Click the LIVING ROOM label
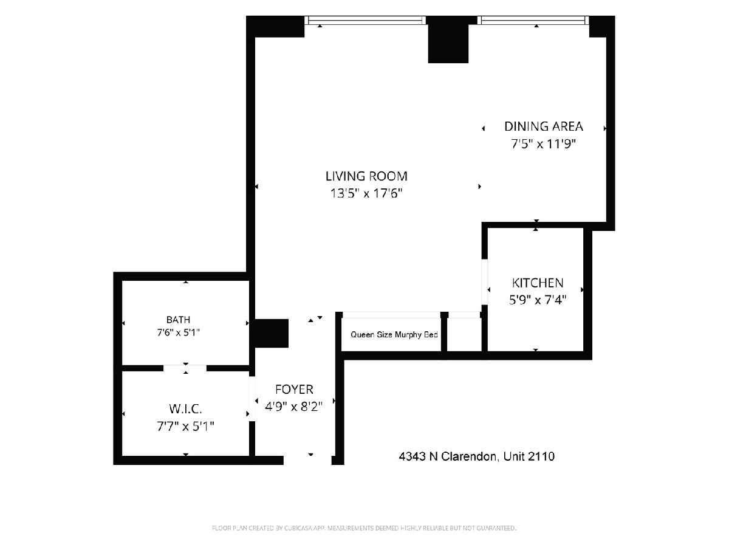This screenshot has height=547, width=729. (366, 176)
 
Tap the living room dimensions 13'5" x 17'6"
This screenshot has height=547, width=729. (366, 193)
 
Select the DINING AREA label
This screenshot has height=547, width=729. (543, 126)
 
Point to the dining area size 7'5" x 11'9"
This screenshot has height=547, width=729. (543, 144)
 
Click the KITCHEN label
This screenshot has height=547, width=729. (538, 283)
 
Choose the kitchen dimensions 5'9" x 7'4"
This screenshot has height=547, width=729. (538, 300)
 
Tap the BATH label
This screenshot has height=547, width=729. (179, 320)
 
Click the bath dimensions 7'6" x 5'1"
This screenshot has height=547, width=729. (179, 332)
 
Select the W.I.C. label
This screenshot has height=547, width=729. (185, 409)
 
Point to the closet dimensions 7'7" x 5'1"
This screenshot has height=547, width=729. (185, 426)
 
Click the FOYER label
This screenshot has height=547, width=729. (294, 389)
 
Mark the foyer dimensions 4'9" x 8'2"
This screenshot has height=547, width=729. (294, 406)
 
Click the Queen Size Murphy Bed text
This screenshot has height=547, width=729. (394, 334)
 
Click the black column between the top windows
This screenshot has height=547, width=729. (448, 39)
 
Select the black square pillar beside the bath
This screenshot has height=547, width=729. (272, 333)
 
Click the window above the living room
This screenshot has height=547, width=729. (365, 20)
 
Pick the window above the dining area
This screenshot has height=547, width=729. (533, 20)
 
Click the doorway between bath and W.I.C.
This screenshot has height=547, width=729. (185, 368)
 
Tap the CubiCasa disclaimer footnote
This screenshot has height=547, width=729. (364, 528)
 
